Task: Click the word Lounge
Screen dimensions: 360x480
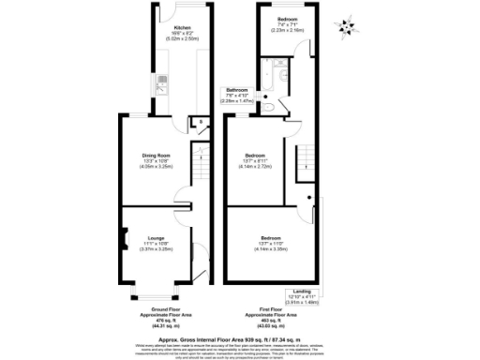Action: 154,238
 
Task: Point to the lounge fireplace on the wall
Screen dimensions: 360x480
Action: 122,241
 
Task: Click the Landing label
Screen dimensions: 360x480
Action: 303,291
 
